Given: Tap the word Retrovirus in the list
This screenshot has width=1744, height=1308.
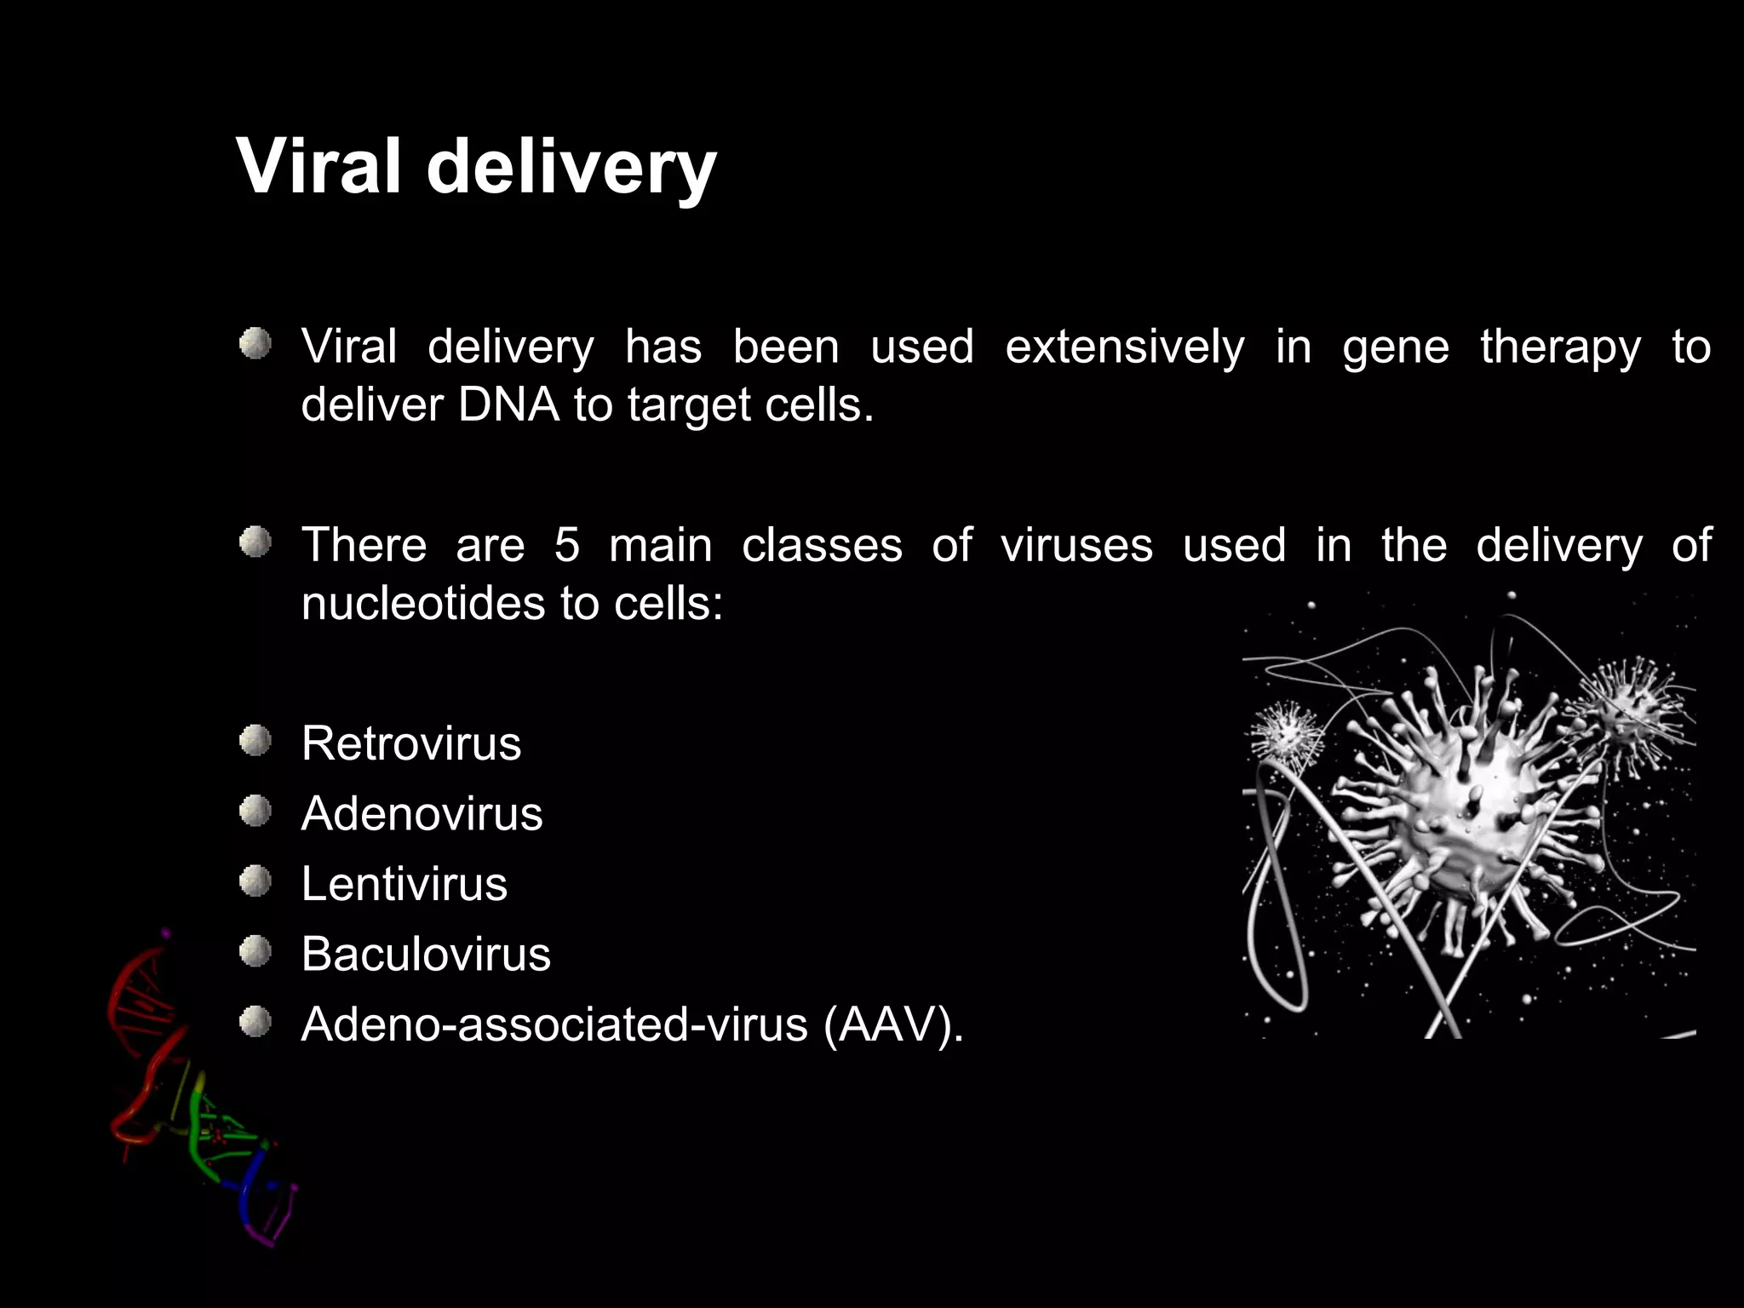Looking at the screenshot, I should [410, 743].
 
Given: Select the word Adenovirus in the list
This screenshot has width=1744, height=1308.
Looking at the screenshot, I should [422, 813].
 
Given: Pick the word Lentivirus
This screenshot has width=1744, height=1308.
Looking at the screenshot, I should [404, 884].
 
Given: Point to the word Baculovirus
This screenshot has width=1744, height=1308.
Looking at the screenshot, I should [426, 954].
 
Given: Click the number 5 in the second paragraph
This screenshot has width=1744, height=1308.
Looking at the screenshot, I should [566, 545].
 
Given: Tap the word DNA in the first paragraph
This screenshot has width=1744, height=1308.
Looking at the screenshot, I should [508, 404].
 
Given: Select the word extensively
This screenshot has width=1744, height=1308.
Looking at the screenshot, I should [1124, 347].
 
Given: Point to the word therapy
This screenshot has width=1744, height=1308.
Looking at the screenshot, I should [1560, 347].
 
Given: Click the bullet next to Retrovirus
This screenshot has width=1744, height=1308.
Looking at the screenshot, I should [255, 741].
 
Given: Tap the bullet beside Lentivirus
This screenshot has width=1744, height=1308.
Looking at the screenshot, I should [255, 881].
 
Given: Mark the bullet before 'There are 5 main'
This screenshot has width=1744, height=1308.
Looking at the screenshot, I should [255, 542].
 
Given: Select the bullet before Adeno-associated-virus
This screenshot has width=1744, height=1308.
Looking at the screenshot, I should [255, 1022].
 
